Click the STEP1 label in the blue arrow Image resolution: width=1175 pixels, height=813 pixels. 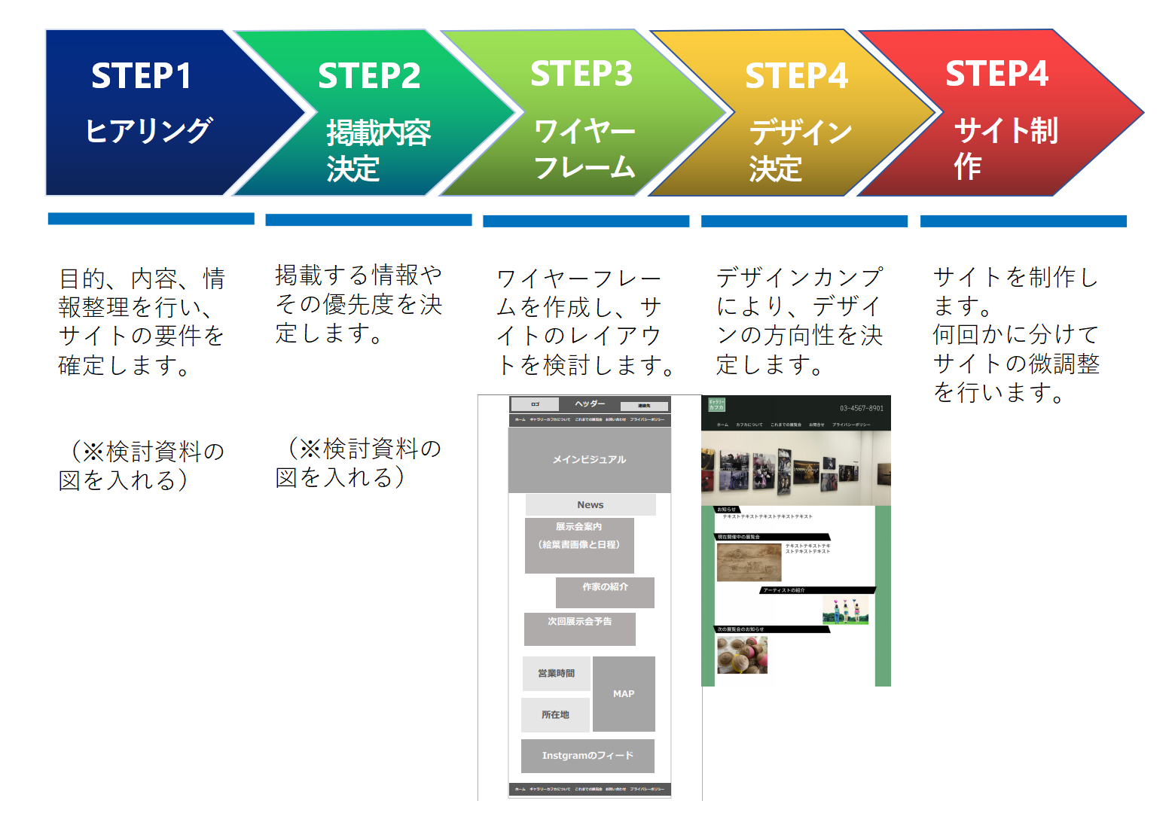tap(142, 76)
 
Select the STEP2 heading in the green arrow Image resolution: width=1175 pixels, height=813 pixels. tap(369, 76)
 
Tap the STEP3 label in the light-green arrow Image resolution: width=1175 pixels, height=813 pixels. tap(581, 74)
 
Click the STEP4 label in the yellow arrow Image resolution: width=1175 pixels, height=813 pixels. tap(796, 76)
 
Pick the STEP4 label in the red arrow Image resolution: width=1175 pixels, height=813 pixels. tap(996, 74)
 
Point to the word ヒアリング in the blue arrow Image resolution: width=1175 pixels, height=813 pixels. tap(148, 130)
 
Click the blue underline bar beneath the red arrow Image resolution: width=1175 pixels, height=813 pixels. tap(1023, 221)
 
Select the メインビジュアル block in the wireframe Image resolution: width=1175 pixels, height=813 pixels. tap(589, 460)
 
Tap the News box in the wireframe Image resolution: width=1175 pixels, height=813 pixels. tap(591, 504)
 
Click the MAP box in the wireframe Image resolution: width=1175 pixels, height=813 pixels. tap(624, 694)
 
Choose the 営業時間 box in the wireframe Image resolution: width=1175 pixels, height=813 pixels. tap(556, 674)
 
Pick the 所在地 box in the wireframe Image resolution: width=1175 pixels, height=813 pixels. tap(555, 715)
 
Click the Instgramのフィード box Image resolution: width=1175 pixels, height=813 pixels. tap(587, 756)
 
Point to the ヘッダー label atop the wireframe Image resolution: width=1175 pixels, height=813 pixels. tap(590, 404)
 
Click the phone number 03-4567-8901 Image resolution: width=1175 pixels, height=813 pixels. tap(862, 408)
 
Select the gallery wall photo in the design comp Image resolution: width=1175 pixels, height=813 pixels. tap(795, 468)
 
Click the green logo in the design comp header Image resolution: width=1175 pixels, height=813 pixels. tap(716, 405)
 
